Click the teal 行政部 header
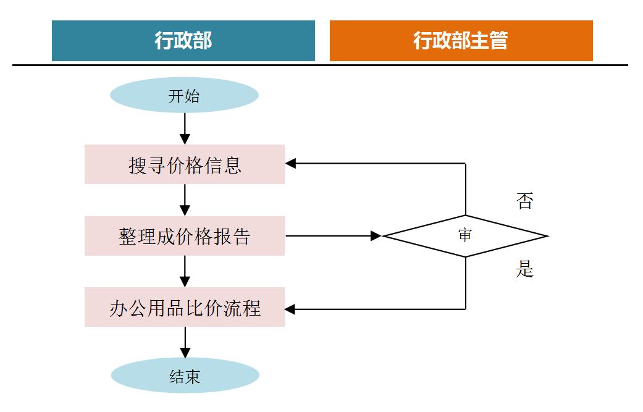[183, 41]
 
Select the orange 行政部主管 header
[461, 41]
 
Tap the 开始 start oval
[184, 96]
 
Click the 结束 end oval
[185, 376]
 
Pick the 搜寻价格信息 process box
[184, 164]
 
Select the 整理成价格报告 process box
[184, 236]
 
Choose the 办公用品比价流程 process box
[184, 307]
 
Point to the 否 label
[524, 201]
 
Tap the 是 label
[524, 269]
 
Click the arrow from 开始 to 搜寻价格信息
[185, 128]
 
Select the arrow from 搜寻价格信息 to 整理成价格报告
[185, 200]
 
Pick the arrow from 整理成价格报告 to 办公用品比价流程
[185, 271]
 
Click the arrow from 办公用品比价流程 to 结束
[185, 342]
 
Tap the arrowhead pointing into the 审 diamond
[376, 236]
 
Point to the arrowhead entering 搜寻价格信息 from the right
[291, 164]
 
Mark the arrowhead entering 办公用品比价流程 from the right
[291, 309]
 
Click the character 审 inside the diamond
[465, 236]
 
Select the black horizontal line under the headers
[320, 65]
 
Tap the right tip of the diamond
[546, 236]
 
